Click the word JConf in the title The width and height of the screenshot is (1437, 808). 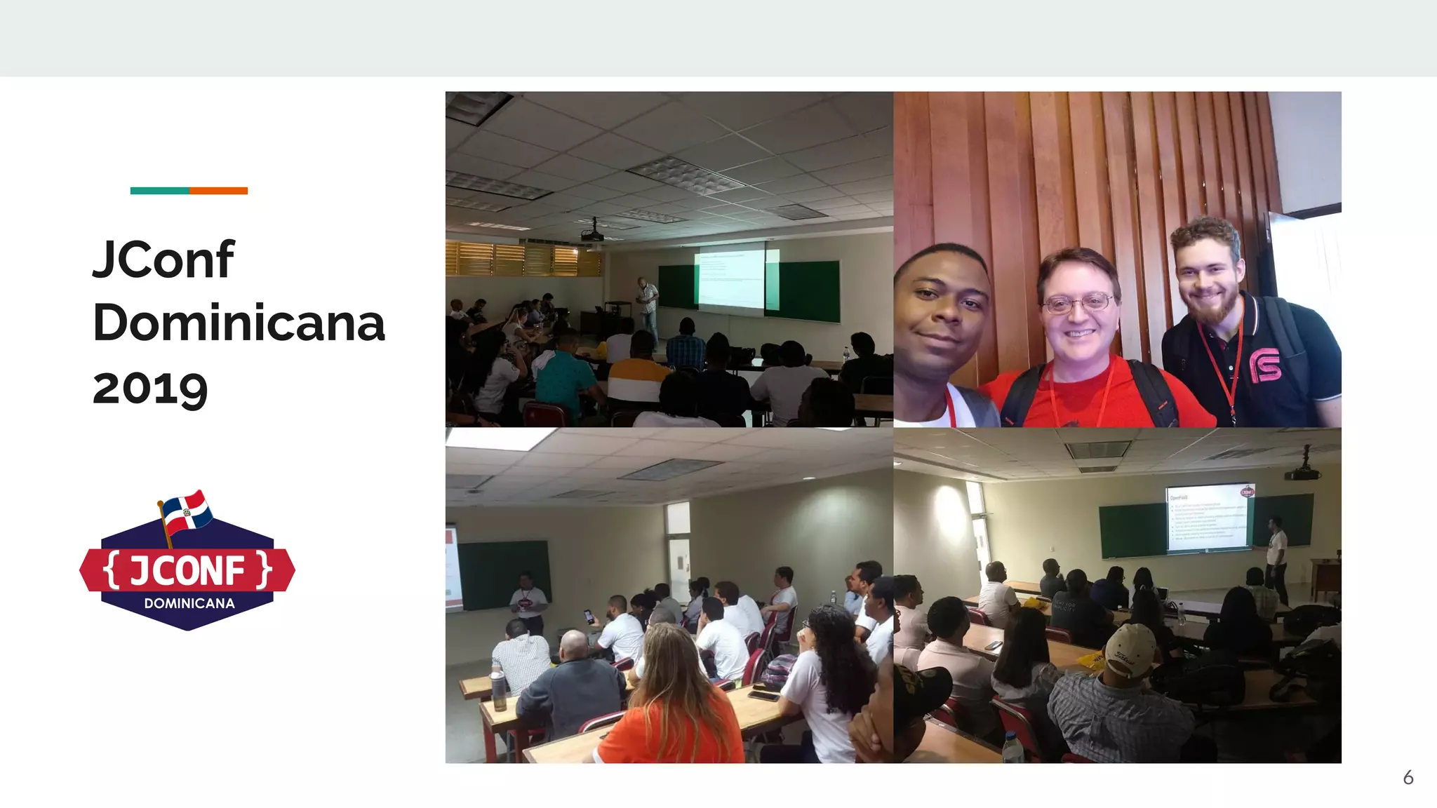coord(163,260)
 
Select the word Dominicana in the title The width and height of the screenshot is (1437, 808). coord(239,323)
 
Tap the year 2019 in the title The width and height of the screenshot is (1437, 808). coord(150,388)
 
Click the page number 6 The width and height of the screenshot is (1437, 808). coord(1408,777)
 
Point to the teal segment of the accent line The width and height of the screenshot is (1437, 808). coord(159,191)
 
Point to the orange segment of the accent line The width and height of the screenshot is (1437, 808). coord(218,191)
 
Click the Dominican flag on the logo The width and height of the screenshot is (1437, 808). coord(186,511)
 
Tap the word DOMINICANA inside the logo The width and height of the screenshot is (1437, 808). coord(189,603)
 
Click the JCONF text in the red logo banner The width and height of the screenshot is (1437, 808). coord(187,570)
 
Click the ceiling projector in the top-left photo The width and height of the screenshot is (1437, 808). coord(593,233)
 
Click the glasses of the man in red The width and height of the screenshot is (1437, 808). coord(1076,304)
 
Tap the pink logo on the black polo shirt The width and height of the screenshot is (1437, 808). coord(1264,365)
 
